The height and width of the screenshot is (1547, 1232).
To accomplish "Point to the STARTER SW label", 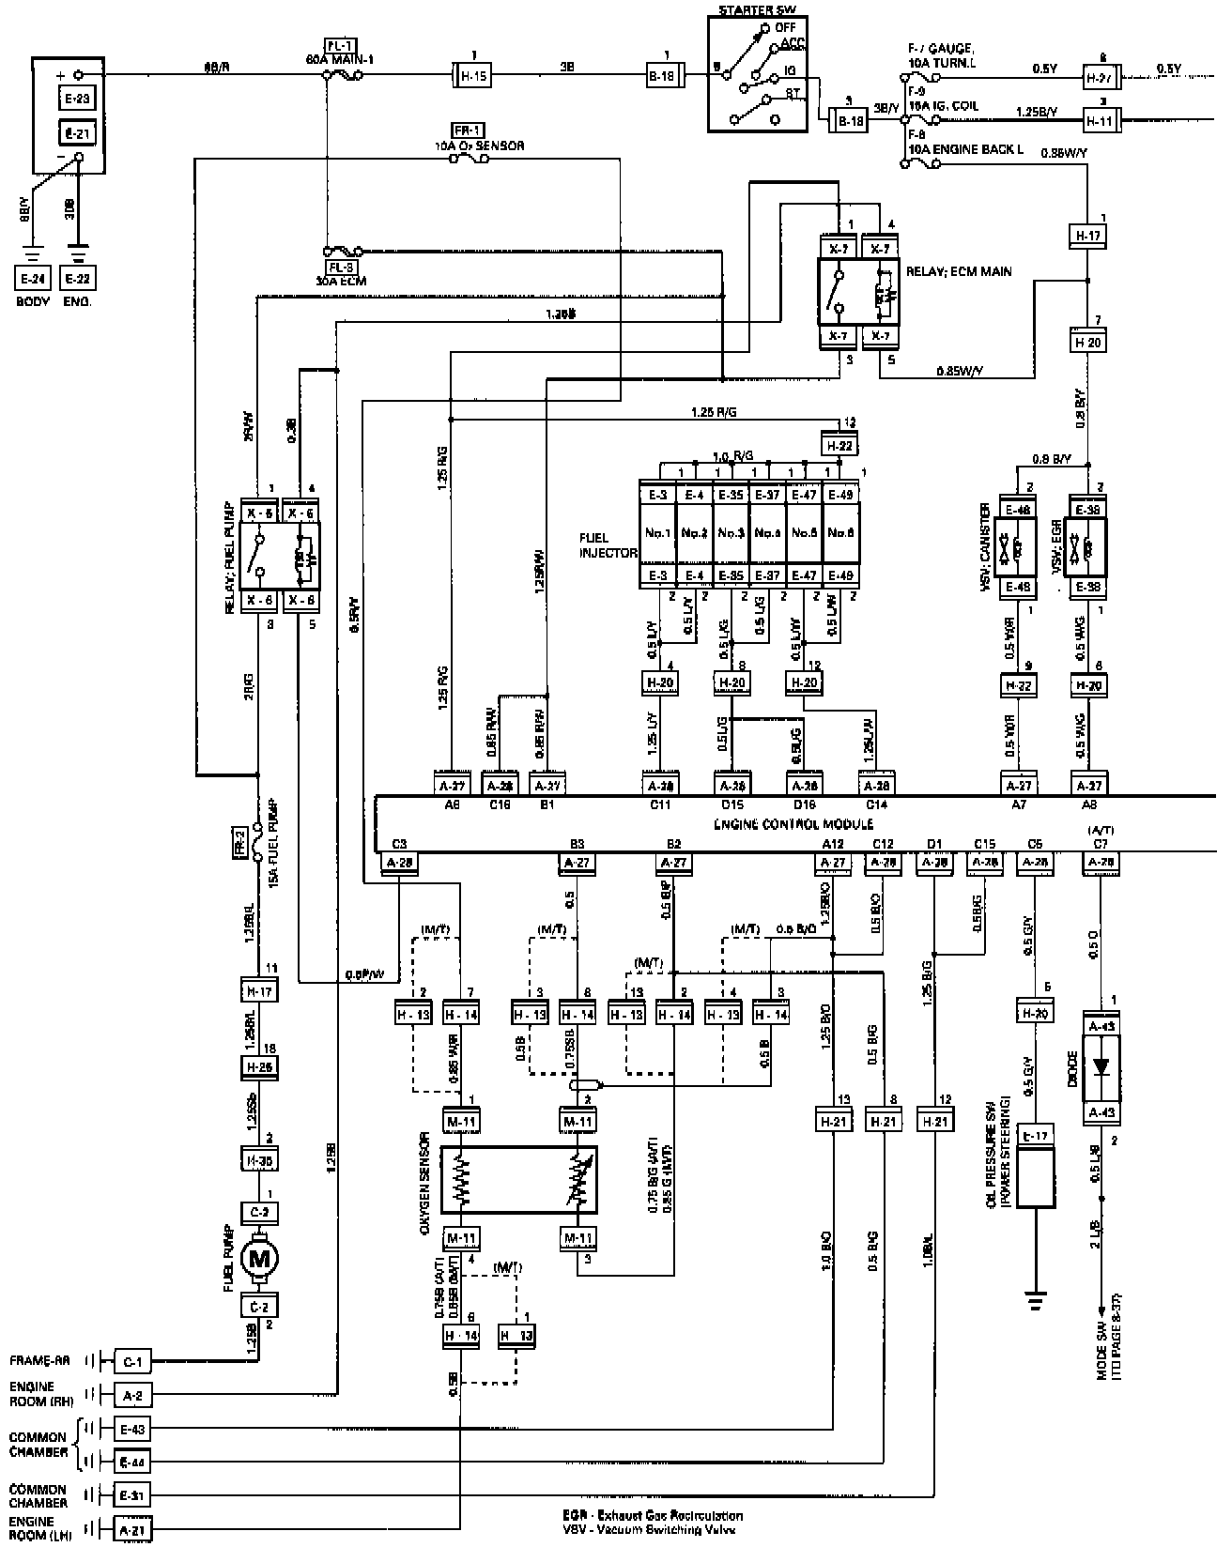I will tap(755, 10).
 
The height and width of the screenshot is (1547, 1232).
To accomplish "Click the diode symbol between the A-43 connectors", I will tap(1101, 1068).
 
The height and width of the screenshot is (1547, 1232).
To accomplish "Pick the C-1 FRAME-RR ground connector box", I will tap(131, 1360).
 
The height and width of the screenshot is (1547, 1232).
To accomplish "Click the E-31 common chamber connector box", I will tap(131, 1494).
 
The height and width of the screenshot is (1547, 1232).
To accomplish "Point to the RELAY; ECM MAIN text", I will tap(959, 272).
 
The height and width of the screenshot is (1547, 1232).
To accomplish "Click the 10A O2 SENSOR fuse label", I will tap(479, 146).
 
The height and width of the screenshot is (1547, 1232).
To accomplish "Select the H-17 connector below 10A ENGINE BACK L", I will tap(1088, 236).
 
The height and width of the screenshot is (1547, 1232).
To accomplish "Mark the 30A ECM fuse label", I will tap(339, 280).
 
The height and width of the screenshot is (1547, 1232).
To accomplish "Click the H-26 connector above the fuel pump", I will tap(259, 1068).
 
